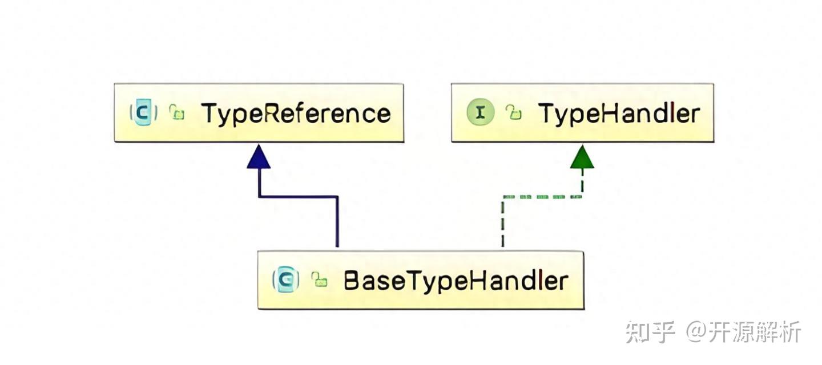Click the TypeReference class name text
click(x=296, y=113)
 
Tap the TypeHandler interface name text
click(x=619, y=113)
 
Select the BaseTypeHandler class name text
click(x=456, y=281)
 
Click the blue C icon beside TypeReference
click(x=143, y=113)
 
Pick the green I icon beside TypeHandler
click(x=481, y=113)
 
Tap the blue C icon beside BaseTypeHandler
click(x=287, y=280)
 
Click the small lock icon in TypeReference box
click(x=178, y=113)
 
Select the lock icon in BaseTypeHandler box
click(x=319, y=280)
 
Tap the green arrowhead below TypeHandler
click(x=582, y=157)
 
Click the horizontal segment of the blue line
click(x=298, y=197)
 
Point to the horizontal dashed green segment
click(x=542, y=197)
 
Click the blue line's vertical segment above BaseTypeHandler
click(x=337, y=222)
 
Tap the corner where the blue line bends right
click(x=259, y=197)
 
